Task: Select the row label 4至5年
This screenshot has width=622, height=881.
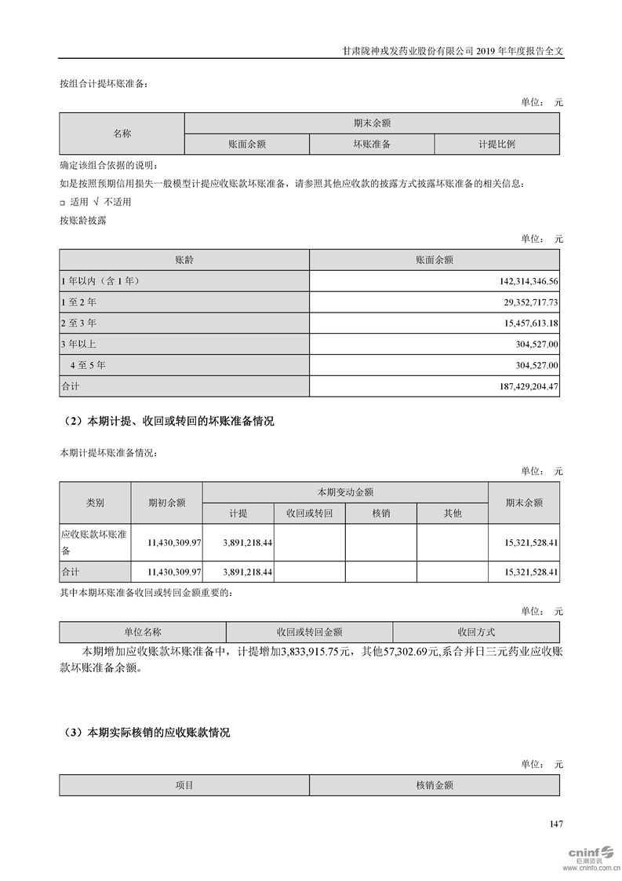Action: (88, 365)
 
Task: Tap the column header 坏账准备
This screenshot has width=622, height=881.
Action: (372, 144)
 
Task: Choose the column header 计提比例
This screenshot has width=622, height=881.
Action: (497, 144)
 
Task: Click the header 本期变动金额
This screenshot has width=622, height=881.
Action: (344, 492)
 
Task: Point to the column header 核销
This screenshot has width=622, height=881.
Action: (380, 513)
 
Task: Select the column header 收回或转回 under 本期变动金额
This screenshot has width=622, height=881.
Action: (310, 513)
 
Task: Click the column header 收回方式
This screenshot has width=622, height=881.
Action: (476, 632)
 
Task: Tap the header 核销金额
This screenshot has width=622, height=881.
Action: (435, 784)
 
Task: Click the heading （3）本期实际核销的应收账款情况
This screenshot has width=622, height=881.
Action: (145, 733)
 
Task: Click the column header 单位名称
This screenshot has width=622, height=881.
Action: (142, 632)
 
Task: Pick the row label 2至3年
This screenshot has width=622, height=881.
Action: (78, 323)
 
